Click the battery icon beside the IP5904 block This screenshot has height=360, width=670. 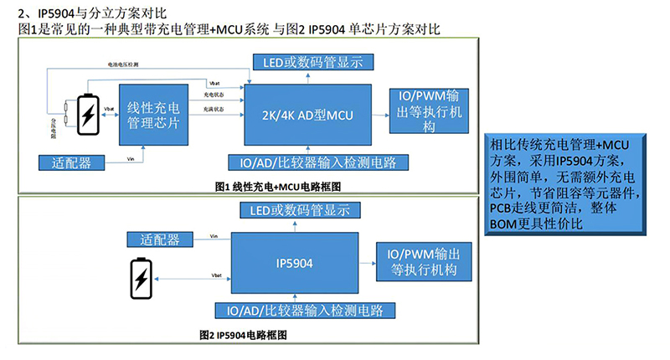click(x=141, y=277)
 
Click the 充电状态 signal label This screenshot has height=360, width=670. click(x=214, y=95)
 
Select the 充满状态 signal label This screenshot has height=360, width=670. click(x=214, y=111)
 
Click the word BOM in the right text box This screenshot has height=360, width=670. click(x=499, y=224)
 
